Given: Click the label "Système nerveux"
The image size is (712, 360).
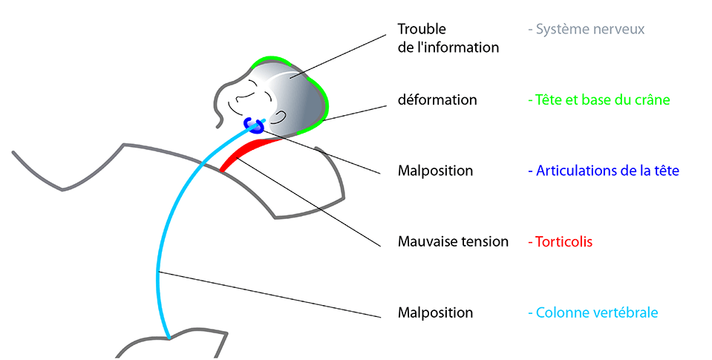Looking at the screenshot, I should click(586, 30).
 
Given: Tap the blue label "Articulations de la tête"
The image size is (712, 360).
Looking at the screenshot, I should click(603, 171).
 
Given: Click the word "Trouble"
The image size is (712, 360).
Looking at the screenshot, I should click(421, 30).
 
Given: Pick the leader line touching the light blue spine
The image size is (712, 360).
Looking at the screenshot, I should click(275, 294).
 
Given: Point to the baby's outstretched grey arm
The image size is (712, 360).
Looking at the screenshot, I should click(67, 174).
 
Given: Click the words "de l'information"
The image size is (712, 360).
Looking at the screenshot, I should click(448, 48).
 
